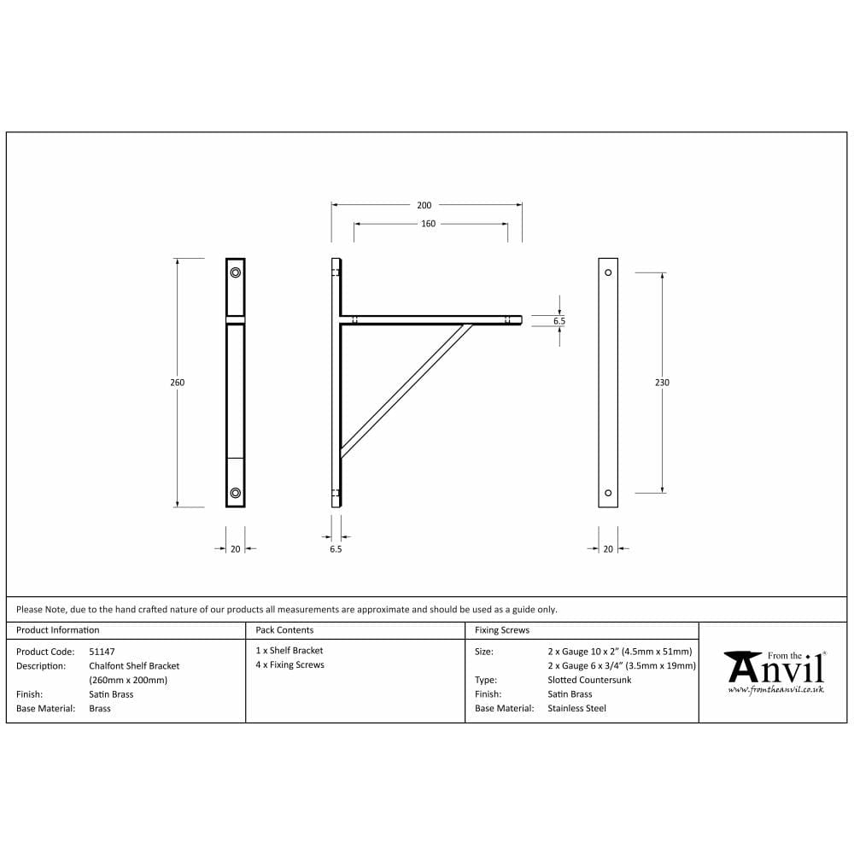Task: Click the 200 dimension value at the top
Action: point(424,205)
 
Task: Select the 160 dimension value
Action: point(428,224)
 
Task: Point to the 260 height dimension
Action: point(177,383)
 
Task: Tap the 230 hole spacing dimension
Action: point(662,383)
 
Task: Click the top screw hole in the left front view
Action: point(236,272)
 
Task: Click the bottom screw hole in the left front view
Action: point(236,493)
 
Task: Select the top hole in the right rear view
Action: point(608,272)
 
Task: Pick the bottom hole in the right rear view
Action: point(608,493)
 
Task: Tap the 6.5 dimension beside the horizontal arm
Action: point(559,321)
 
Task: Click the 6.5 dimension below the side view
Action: point(336,549)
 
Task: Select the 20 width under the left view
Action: point(236,549)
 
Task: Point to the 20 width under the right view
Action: point(608,549)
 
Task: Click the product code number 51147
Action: point(102,651)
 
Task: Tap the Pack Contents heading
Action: point(284,630)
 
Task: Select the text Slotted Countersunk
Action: point(589,680)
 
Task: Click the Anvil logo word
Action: point(775,668)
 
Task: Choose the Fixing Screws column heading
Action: point(502,630)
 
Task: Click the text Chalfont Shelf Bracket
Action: point(134,665)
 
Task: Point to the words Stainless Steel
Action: point(576,708)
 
